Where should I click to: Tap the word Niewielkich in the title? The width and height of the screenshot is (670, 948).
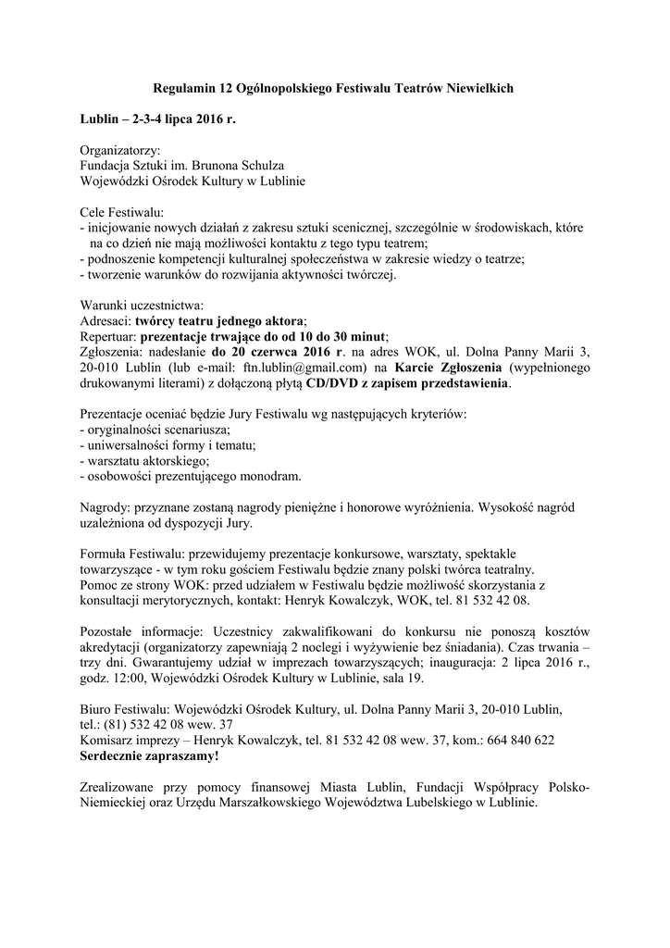(x=472, y=87)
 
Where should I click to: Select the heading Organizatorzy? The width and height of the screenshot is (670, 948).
(x=120, y=150)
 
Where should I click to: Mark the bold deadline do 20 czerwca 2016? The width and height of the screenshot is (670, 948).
(x=277, y=352)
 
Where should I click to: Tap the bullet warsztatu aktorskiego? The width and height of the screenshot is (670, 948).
(x=146, y=461)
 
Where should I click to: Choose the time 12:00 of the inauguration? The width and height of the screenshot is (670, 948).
(x=127, y=679)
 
